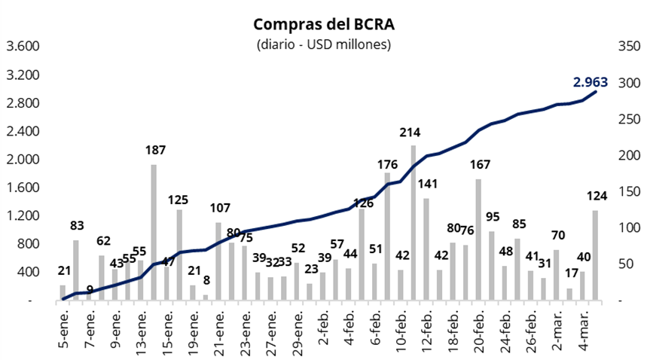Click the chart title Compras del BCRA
[324, 25]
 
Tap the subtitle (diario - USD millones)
[324, 44]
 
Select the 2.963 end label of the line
[590, 82]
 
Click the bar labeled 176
[387, 236]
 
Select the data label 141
[427, 183]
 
